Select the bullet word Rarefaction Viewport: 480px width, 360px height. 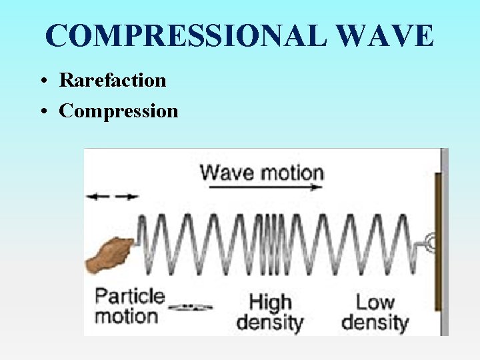coord(113,81)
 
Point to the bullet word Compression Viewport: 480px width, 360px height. coord(119,111)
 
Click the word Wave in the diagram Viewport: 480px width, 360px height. coord(227,173)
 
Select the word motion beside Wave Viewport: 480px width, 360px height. coord(291,173)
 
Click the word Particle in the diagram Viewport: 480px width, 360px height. coord(129,296)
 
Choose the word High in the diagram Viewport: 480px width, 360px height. coord(270,303)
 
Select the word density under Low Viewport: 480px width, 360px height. coord(375,323)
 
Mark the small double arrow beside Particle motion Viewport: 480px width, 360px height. coord(190,307)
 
